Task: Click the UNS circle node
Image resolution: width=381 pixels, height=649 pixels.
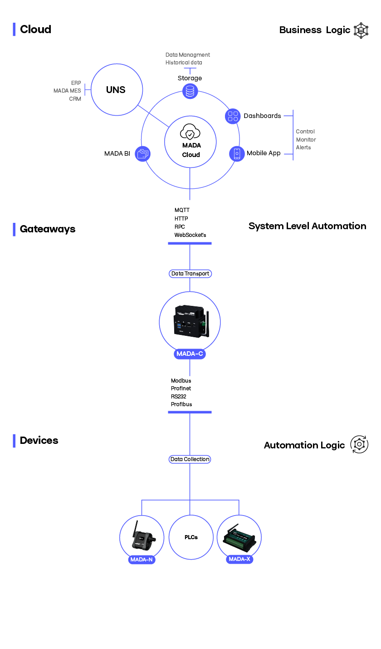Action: coord(117,89)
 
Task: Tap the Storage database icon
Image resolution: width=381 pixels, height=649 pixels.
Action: coord(190,91)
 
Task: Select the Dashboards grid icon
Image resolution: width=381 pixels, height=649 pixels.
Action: coord(233,116)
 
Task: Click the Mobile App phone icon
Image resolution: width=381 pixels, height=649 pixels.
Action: coord(237,153)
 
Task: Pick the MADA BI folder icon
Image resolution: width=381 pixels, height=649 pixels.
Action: coord(142,153)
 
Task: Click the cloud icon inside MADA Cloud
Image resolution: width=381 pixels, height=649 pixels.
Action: coord(190,133)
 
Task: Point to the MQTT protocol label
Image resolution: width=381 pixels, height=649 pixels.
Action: coord(182,210)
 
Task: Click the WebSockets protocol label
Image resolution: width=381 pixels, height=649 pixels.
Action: coord(190,235)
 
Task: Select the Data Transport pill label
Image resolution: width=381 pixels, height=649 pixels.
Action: coord(190,274)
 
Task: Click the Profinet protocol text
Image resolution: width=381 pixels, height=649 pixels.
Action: coord(181,388)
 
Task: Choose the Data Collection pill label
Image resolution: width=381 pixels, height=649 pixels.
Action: coord(190,459)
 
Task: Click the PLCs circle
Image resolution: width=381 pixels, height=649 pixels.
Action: coord(191,537)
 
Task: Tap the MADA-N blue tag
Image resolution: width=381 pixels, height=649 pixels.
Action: coord(142,560)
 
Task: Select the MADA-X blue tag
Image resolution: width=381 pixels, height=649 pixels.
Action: coord(239,559)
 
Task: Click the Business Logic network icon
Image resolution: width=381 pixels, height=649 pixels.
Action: coord(361,30)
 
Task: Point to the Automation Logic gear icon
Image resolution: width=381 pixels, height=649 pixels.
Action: coord(359,444)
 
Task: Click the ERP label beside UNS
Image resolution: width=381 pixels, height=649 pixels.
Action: coord(76,83)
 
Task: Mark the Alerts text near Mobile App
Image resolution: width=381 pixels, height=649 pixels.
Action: coord(303,147)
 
